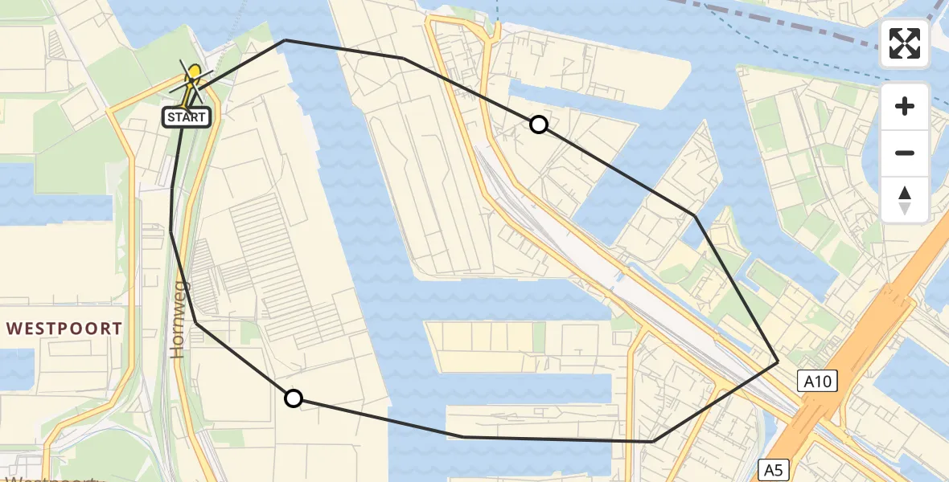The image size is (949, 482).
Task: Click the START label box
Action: pyautogui.click(x=187, y=117)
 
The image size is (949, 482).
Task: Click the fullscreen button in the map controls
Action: pyautogui.click(x=905, y=43)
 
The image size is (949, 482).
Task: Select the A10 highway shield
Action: pyautogui.click(x=819, y=381)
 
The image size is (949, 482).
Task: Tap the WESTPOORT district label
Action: pyautogui.click(x=65, y=329)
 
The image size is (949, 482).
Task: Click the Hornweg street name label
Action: pyautogui.click(x=179, y=319)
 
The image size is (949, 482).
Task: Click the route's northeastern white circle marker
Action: pyautogui.click(x=539, y=125)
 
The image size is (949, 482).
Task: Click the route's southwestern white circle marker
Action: pyautogui.click(x=294, y=398)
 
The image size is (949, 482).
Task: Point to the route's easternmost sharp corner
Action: pyautogui.click(x=778, y=362)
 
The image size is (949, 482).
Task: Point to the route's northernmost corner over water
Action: pyautogui.click(x=285, y=39)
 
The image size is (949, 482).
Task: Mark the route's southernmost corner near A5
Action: pyautogui.click(x=652, y=441)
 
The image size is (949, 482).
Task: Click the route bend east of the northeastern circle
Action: pyautogui.click(x=695, y=215)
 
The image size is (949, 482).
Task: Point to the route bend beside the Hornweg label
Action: pyautogui.click(x=197, y=325)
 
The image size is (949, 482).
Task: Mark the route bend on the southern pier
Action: pyautogui.click(x=464, y=436)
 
